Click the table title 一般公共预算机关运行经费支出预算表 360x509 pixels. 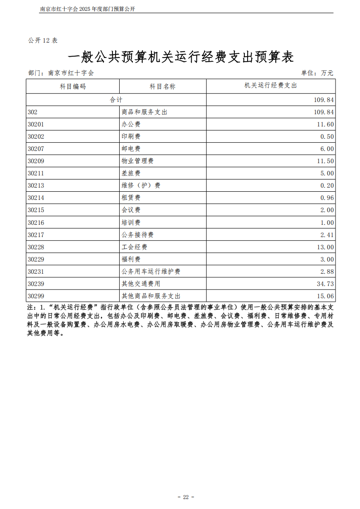click(x=180, y=57)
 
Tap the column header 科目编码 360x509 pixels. click(x=73, y=86)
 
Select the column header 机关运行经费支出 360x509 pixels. click(x=271, y=85)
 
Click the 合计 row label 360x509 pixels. click(x=116, y=99)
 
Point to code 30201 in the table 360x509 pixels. click(x=36, y=124)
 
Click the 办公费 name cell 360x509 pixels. click(x=131, y=124)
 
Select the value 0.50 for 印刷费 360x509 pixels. click(x=327, y=136)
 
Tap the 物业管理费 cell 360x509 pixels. click(x=137, y=161)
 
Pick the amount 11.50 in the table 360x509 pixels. click(x=325, y=161)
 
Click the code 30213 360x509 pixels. click(x=36, y=185)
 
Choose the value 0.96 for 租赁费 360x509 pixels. click(x=327, y=198)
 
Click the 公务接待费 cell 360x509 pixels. click(x=137, y=235)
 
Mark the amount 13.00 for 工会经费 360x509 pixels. click(x=325, y=247)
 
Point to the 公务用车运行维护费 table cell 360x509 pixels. click(x=151, y=271)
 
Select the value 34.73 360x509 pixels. click(x=325, y=284)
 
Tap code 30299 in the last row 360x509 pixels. click(x=36, y=296)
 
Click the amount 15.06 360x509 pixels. click(x=325, y=296)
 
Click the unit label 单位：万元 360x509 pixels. click(x=317, y=73)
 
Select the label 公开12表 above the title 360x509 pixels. click(x=43, y=40)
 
